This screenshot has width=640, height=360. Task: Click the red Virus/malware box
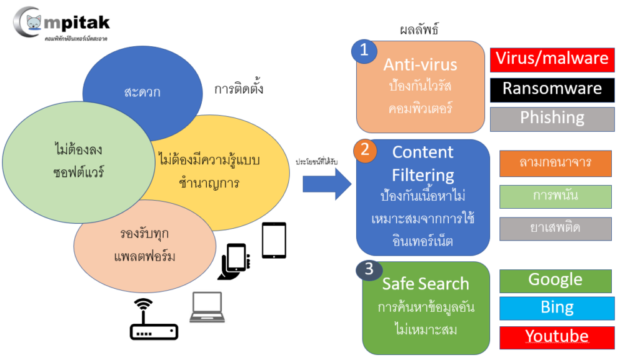(x=552, y=59)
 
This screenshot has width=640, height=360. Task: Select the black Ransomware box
(x=552, y=89)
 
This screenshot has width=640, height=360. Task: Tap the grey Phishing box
(x=552, y=119)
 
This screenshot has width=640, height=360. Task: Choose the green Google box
(x=556, y=281)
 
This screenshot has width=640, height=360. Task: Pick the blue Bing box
(x=557, y=308)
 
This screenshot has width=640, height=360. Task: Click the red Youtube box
(x=557, y=337)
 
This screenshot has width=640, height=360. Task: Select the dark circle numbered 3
(x=369, y=269)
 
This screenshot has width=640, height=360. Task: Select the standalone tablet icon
(x=274, y=241)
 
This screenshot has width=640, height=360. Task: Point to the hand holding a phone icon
(x=234, y=262)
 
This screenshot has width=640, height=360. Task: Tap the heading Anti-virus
(x=420, y=64)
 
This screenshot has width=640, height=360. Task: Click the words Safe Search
(x=425, y=284)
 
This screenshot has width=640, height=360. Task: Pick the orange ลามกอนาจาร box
(x=555, y=163)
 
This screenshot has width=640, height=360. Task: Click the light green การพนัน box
(x=555, y=196)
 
